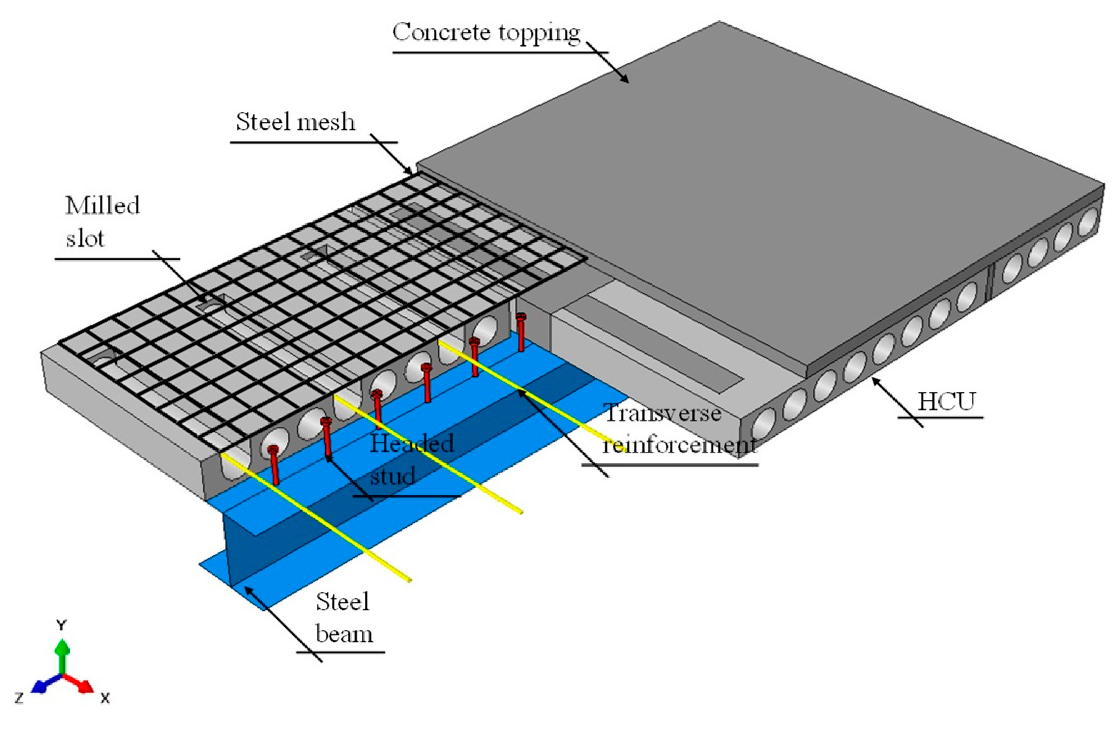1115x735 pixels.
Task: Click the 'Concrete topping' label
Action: [x=486, y=33]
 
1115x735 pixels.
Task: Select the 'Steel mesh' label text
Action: [x=295, y=122]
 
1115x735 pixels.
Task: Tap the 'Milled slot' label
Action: [x=102, y=222]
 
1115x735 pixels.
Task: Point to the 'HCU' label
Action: [x=946, y=401]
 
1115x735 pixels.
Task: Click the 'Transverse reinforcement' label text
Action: [x=675, y=428]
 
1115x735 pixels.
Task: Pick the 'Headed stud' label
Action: [x=411, y=459]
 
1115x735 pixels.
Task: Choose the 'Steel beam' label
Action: [x=343, y=617]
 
